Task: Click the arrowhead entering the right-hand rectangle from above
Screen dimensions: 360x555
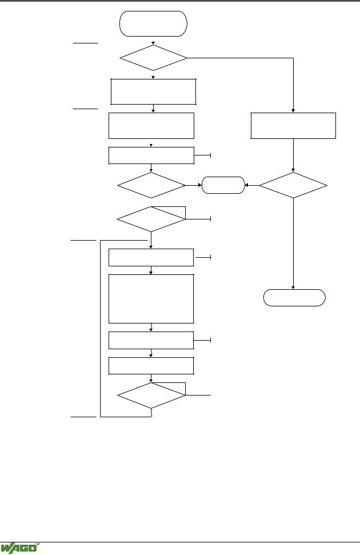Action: [x=293, y=111]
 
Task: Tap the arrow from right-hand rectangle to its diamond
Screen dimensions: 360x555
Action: [x=293, y=155]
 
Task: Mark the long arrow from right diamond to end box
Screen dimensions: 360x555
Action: [x=293, y=244]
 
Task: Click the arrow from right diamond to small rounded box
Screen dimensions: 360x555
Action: [x=252, y=185]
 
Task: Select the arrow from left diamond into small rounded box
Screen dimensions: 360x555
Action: [x=194, y=185]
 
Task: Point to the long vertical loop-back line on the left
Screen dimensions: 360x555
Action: [x=101, y=329]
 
